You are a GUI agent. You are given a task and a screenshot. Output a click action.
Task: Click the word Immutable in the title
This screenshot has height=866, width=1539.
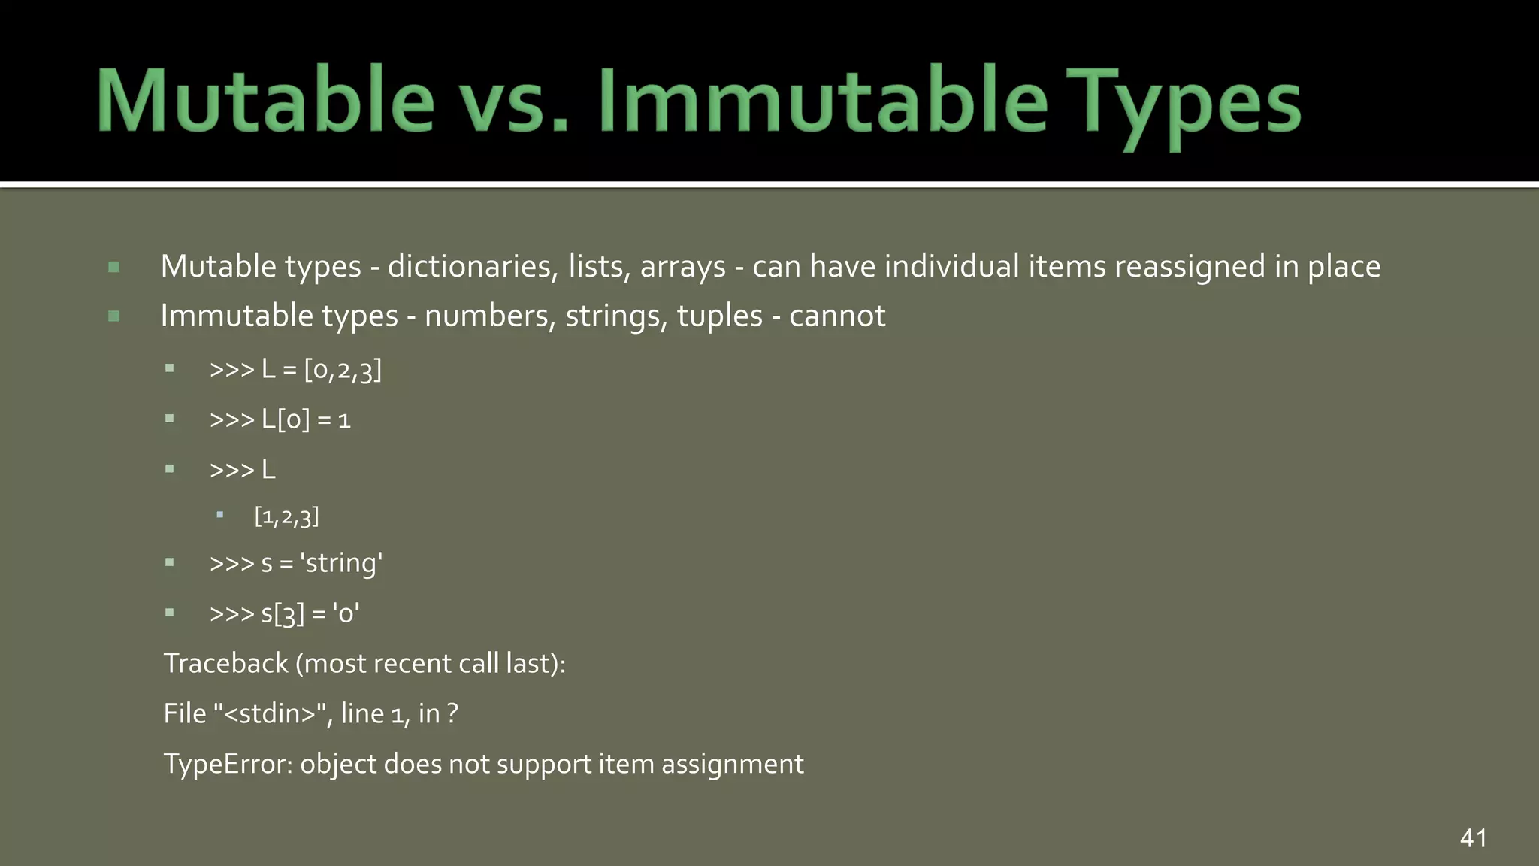(822, 101)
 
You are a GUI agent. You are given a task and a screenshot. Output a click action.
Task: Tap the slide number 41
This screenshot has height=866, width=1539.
(1473, 838)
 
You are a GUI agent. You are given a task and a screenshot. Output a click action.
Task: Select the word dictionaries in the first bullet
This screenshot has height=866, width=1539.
(472, 267)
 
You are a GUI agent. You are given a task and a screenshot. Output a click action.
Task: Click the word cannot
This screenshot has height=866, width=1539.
(837, 316)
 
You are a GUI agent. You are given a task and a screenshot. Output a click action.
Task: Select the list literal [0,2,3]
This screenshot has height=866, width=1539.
(343, 370)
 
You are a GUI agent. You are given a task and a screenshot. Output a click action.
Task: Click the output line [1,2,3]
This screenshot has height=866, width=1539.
(286, 516)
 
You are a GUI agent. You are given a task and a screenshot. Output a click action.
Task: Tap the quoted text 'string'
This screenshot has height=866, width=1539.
(341, 563)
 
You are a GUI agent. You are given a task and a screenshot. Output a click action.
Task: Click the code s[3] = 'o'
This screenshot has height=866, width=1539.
(310, 613)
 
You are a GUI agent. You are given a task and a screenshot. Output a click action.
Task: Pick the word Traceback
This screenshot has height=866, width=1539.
(226, 663)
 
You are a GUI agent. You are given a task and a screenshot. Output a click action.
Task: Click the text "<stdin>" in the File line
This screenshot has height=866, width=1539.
(269, 713)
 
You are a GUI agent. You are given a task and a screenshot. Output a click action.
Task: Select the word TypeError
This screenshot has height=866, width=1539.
(228, 764)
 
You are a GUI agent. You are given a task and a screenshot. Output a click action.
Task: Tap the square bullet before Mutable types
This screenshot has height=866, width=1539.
(114, 267)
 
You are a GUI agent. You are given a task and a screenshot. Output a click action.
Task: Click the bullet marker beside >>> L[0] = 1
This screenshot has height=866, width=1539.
(170, 419)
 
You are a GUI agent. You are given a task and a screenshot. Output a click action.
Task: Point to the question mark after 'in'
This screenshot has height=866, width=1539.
(452, 713)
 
